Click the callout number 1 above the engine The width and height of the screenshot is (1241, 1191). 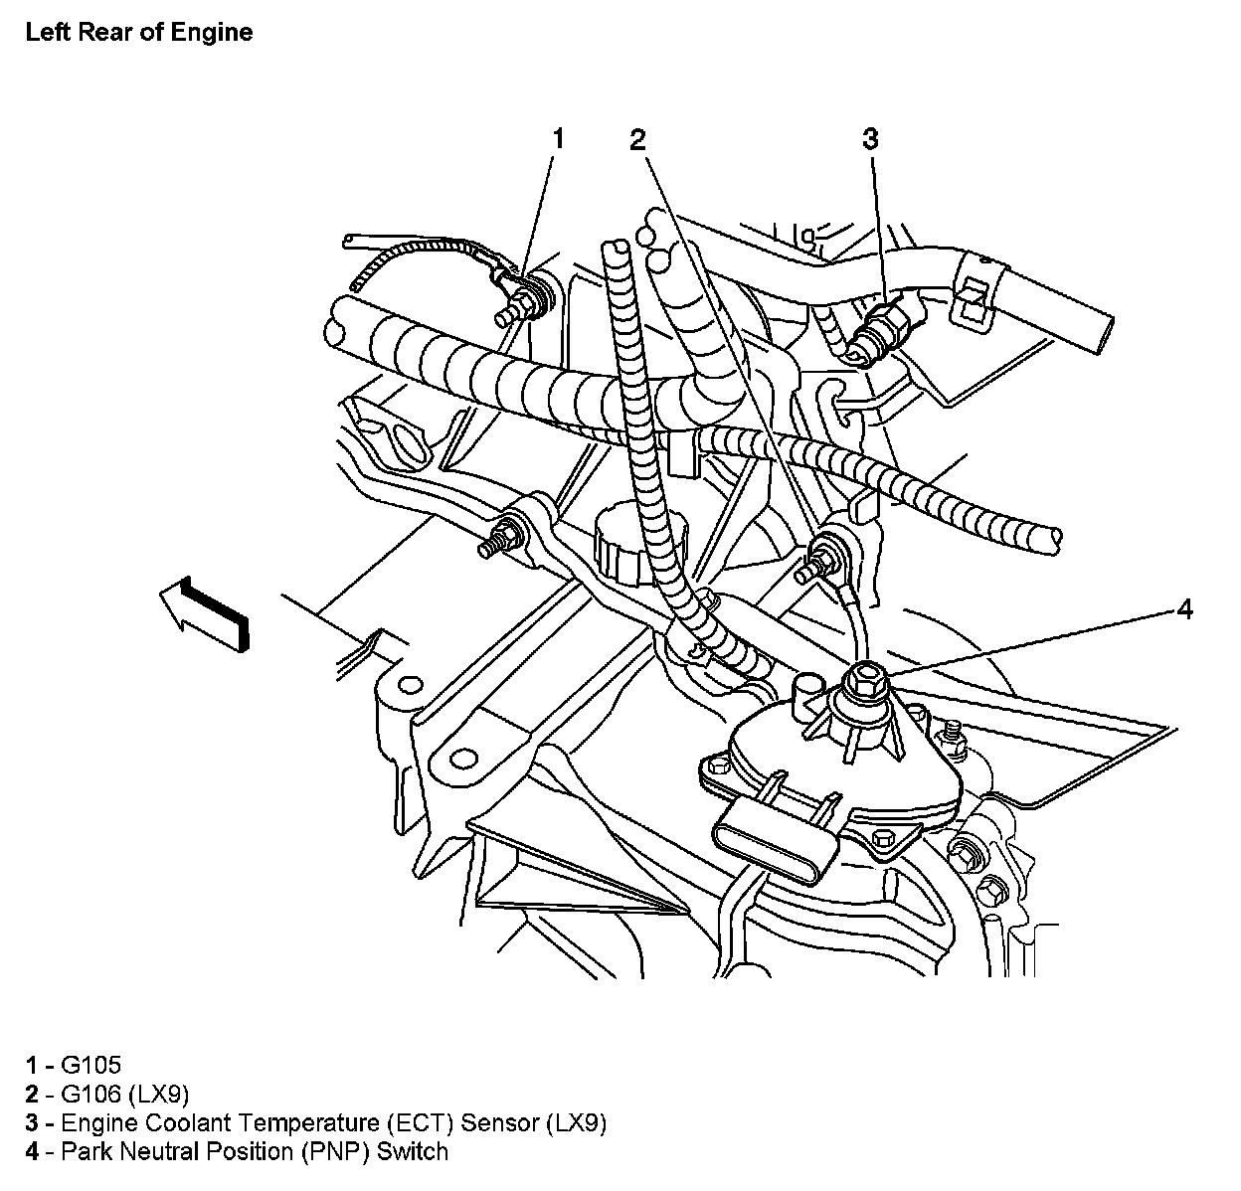(x=558, y=138)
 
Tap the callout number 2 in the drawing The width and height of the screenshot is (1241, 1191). (x=638, y=139)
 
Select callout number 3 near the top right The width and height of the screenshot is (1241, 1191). (x=870, y=138)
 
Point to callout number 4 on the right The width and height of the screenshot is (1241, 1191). (x=1183, y=608)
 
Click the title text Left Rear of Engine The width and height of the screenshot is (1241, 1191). (x=139, y=32)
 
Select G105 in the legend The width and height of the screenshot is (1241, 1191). (x=90, y=1066)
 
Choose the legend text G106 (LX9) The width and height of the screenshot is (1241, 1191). (x=124, y=1095)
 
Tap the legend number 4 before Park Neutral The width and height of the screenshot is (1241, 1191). (x=33, y=1152)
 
